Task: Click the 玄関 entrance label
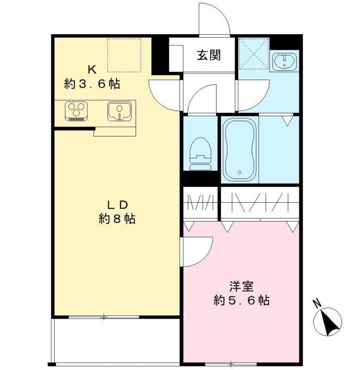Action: pyautogui.click(x=209, y=55)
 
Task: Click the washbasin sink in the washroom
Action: pyautogui.click(x=285, y=61)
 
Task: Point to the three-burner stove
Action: pyautogui.click(x=76, y=111)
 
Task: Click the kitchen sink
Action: pyautogui.click(x=119, y=111)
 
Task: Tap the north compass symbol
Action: pyautogui.click(x=328, y=321)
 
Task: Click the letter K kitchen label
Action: pyautogui.click(x=92, y=70)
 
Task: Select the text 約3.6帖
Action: pyautogui.click(x=92, y=84)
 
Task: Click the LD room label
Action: pyautogui.click(x=118, y=205)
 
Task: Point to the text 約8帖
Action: pyautogui.click(x=117, y=219)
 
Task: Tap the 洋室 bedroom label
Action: pyautogui.click(x=242, y=287)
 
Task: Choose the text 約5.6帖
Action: pyautogui.click(x=242, y=301)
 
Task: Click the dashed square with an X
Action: pyautogui.click(x=254, y=54)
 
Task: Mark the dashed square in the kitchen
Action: pyautogui.click(x=124, y=55)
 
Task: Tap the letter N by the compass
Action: pyautogui.click(x=317, y=303)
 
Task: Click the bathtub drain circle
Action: pyautogui.click(x=240, y=172)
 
